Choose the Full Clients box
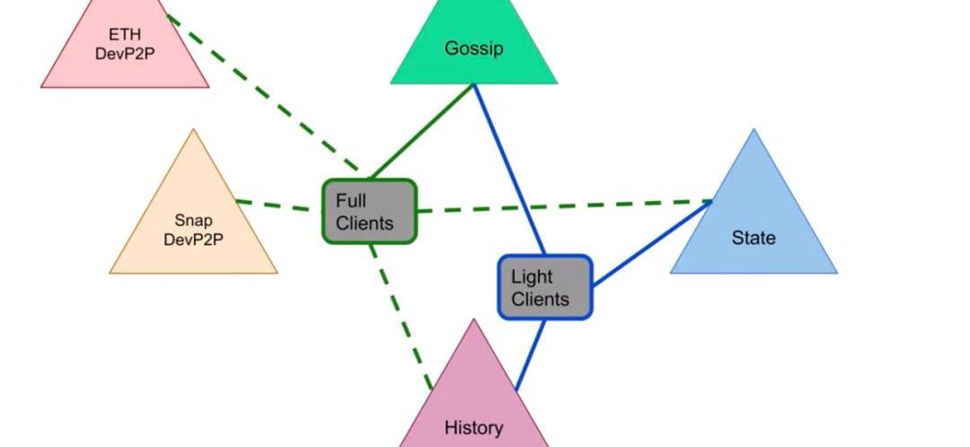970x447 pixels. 369,211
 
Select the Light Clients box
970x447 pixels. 545,287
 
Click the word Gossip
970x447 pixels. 473,48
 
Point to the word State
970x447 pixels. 754,238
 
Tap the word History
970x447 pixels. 473,428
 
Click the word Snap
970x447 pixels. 193,220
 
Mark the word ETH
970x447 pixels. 125,35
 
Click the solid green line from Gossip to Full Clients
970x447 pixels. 422,130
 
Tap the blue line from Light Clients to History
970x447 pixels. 530,355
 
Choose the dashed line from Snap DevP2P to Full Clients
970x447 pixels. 278,206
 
